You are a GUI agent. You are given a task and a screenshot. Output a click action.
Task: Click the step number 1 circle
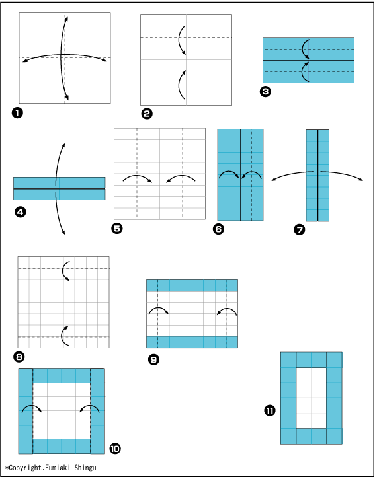click(17, 113)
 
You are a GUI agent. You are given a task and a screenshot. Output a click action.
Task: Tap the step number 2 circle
click(147, 114)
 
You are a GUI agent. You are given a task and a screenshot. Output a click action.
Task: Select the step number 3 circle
click(265, 92)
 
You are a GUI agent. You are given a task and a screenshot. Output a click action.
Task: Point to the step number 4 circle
click(20, 212)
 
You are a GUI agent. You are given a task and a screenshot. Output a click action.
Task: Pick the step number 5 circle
click(116, 229)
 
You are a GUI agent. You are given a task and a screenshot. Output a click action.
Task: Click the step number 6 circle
click(218, 229)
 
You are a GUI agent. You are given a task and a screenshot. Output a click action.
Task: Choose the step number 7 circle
click(299, 230)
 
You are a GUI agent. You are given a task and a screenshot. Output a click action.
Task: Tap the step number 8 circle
click(19, 357)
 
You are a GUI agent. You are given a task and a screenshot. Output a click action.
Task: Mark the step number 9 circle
click(153, 359)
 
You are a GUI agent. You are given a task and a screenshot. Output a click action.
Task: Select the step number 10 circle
click(115, 448)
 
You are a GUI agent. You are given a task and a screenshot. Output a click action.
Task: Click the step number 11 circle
click(270, 411)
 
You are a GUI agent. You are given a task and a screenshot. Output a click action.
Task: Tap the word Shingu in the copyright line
click(85, 468)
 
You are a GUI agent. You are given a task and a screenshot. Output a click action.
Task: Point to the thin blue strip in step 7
click(317, 175)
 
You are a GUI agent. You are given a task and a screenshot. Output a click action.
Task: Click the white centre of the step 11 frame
click(312, 398)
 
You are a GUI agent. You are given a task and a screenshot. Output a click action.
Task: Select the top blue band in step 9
click(192, 285)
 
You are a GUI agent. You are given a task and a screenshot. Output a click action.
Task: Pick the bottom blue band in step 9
click(192, 342)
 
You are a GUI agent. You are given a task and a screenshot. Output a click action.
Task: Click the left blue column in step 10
click(26, 411)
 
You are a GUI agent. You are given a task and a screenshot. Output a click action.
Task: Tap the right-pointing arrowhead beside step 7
click(360, 180)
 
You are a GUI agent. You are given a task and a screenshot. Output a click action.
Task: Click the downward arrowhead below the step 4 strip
click(63, 232)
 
